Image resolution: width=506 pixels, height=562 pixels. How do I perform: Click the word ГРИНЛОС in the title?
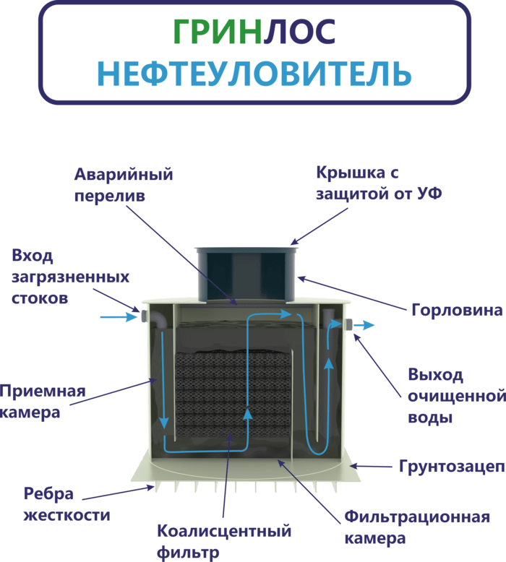point(254,31)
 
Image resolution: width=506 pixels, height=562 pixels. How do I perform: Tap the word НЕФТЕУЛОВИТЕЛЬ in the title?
point(254,72)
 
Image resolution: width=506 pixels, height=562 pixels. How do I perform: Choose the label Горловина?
point(456,311)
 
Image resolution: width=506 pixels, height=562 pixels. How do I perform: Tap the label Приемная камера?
point(43,402)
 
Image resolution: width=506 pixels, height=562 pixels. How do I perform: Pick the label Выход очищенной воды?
point(455,396)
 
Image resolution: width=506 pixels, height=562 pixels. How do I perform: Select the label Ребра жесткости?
point(67,505)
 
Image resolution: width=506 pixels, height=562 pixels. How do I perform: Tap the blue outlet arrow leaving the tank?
point(364,325)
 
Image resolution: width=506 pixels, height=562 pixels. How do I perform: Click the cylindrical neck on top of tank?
point(247,274)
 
